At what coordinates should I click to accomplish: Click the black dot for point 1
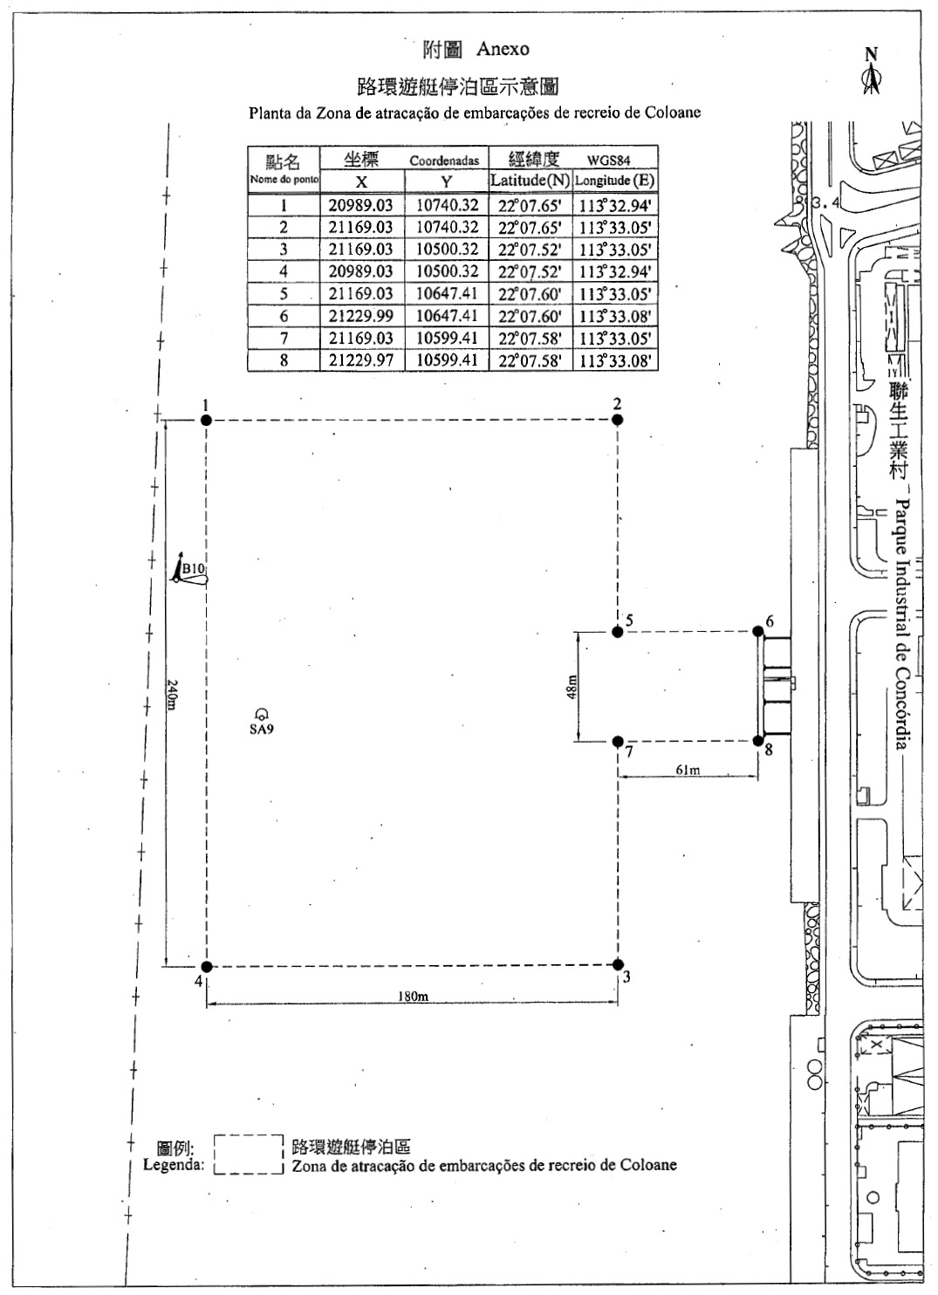tap(206, 421)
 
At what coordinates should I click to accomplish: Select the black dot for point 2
tap(617, 420)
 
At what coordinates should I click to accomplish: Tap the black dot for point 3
tap(618, 964)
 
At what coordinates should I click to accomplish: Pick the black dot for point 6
tap(757, 631)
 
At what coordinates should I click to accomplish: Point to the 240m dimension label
tap(172, 695)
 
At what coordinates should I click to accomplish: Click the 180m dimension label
tap(413, 996)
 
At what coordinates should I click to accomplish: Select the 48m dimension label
tap(572, 687)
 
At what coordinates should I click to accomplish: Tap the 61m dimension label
tap(688, 770)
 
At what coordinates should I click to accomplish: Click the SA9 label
tap(261, 729)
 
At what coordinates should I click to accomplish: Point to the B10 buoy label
tap(193, 568)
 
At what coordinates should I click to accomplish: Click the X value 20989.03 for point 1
tap(360, 205)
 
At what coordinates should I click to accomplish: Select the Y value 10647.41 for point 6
tap(447, 316)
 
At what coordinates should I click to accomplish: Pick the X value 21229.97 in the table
tap(360, 360)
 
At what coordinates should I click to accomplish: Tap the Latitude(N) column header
tap(530, 181)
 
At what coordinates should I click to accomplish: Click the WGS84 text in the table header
tap(608, 161)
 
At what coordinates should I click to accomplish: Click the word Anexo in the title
tap(503, 49)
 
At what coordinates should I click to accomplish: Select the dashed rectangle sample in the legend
tap(249, 1155)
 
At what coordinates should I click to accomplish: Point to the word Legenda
tap(174, 1164)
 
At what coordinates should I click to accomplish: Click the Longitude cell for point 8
tap(615, 360)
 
